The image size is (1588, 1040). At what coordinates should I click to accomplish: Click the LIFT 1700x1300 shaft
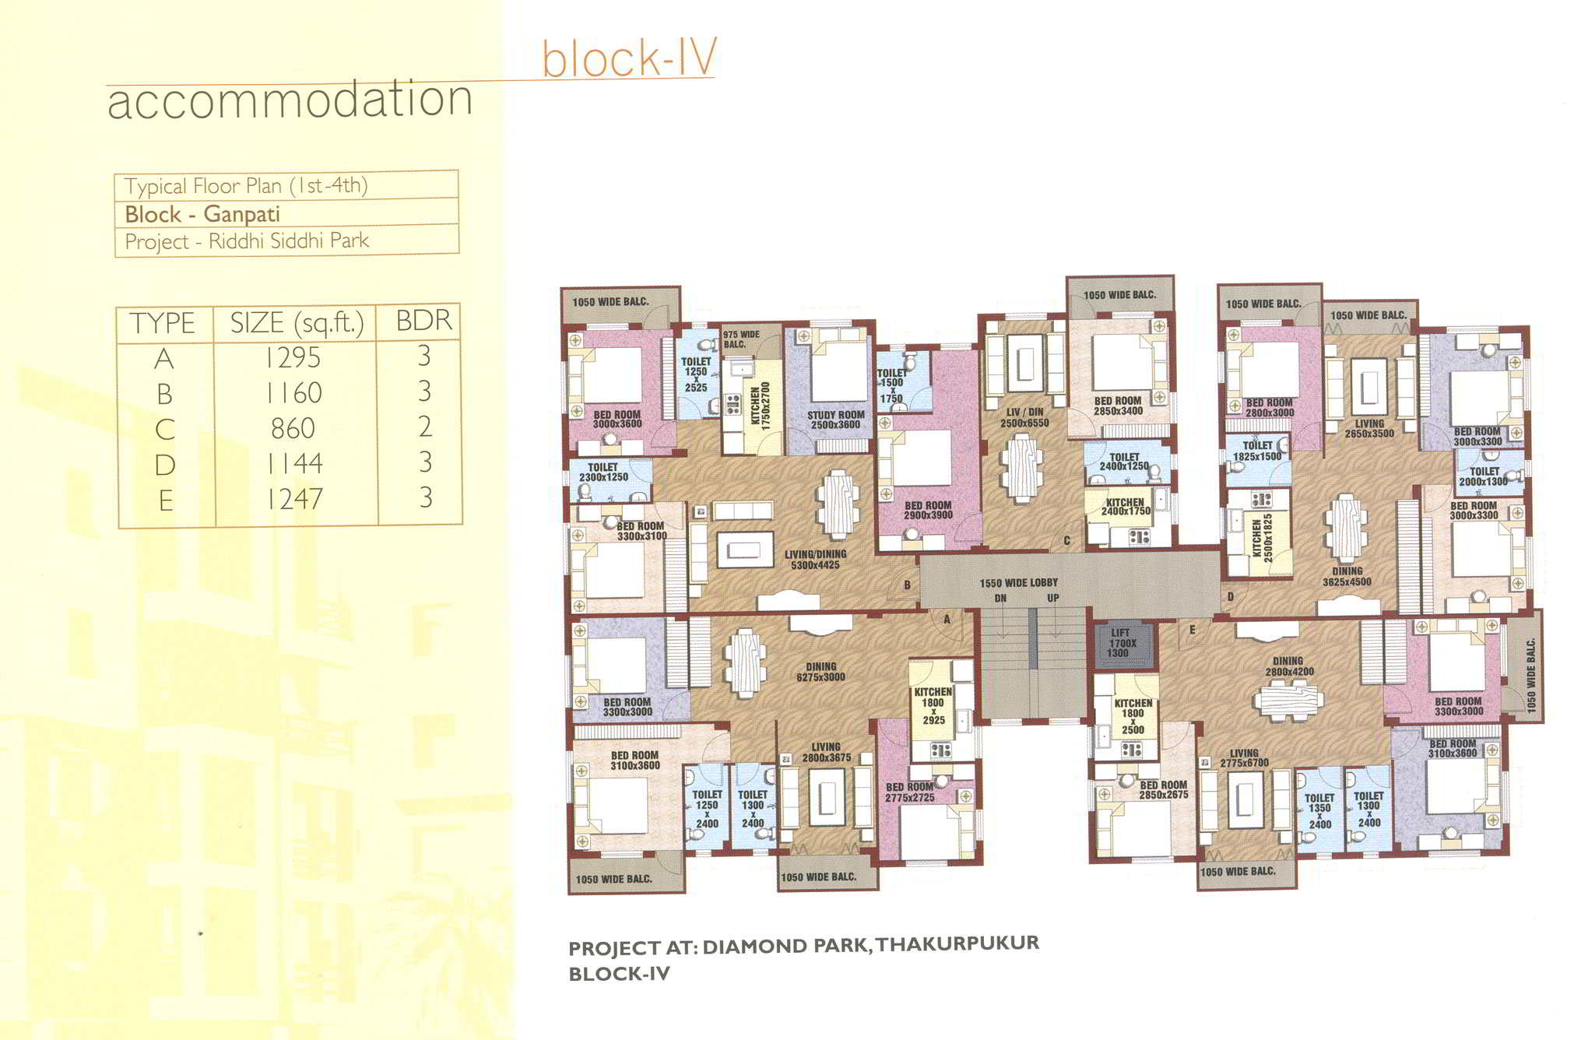coord(1124,645)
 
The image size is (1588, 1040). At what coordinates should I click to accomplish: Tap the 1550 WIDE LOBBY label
coord(1018,583)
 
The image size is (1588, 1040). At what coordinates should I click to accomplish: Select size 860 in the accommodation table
coord(293,428)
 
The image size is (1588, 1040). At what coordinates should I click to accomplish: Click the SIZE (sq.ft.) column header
coord(297,322)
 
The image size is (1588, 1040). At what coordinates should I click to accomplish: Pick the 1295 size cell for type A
coord(293,357)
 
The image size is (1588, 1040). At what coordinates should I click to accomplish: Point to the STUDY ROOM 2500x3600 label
coord(835,420)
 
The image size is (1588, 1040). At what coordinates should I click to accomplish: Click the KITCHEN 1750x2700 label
coord(761,407)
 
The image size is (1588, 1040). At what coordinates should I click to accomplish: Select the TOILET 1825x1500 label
coord(1256,451)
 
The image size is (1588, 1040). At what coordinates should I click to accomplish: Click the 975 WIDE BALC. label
coord(741,339)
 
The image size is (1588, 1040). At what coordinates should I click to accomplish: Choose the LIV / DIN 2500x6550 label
coord(1024,417)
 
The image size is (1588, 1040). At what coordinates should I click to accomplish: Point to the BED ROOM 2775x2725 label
coord(909,792)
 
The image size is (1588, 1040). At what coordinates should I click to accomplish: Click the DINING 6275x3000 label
coord(820,672)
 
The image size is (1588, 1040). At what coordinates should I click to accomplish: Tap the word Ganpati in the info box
coord(241,214)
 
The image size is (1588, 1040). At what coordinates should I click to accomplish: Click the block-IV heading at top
coord(629,58)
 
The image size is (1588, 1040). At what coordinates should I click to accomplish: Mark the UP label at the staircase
coord(1052,599)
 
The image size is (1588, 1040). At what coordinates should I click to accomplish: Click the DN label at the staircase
coord(1000,599)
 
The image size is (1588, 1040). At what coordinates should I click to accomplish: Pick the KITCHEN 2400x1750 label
coord(1126,507)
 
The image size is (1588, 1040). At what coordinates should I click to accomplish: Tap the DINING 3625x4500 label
coord(1347,576)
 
